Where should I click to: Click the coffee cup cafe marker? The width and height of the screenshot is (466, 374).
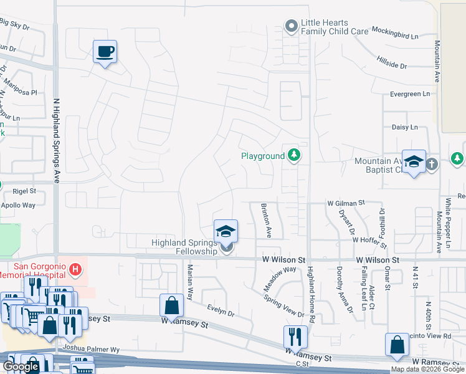click(x=105, y=51)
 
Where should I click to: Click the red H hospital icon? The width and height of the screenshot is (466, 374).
click(x=75, y=269)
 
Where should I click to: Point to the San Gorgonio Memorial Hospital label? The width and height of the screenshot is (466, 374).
click(x=32, y=269)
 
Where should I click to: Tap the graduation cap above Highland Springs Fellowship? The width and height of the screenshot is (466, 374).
click(x=226, y=231)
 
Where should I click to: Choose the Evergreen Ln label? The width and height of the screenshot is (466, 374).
click(x=409, y=93)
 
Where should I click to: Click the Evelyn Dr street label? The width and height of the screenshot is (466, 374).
click(x=221, y=309)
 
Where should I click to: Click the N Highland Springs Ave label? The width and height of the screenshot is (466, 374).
click(x=56, y=140)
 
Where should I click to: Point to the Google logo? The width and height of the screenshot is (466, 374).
click(x=21, y=367)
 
